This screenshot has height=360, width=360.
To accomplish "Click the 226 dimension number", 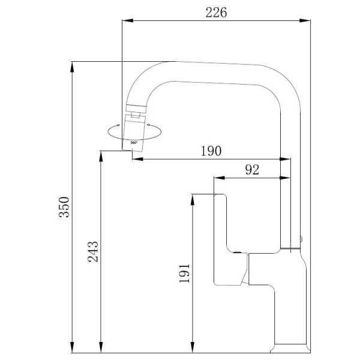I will (217, 13).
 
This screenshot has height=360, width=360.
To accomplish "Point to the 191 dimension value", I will (185, 273).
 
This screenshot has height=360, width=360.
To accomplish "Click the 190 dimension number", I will (212, 151).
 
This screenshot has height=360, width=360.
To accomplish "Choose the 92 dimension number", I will (252, 170).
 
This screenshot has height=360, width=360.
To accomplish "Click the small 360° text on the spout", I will (134, 142).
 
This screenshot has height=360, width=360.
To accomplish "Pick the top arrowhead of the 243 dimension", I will (100, 154).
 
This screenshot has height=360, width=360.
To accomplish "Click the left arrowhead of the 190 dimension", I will (136, 160).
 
